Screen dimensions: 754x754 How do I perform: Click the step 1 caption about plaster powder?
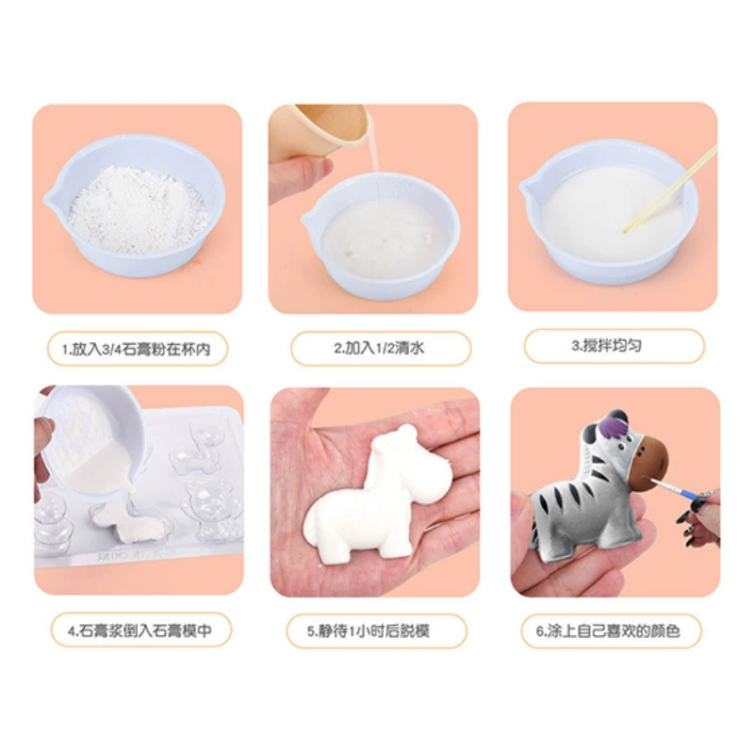137,349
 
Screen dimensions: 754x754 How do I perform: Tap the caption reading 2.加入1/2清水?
380,348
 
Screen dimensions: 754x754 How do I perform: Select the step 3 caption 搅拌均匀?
606,345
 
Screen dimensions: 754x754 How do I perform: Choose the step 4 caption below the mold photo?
139,631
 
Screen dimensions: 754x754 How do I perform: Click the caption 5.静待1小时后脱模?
368,631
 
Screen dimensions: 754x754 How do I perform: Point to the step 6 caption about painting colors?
608,631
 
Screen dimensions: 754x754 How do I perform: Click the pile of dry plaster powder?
138,209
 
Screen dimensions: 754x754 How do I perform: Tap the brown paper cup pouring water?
331,127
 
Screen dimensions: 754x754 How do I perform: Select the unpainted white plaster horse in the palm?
378,496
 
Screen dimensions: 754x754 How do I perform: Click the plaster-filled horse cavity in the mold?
131,524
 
